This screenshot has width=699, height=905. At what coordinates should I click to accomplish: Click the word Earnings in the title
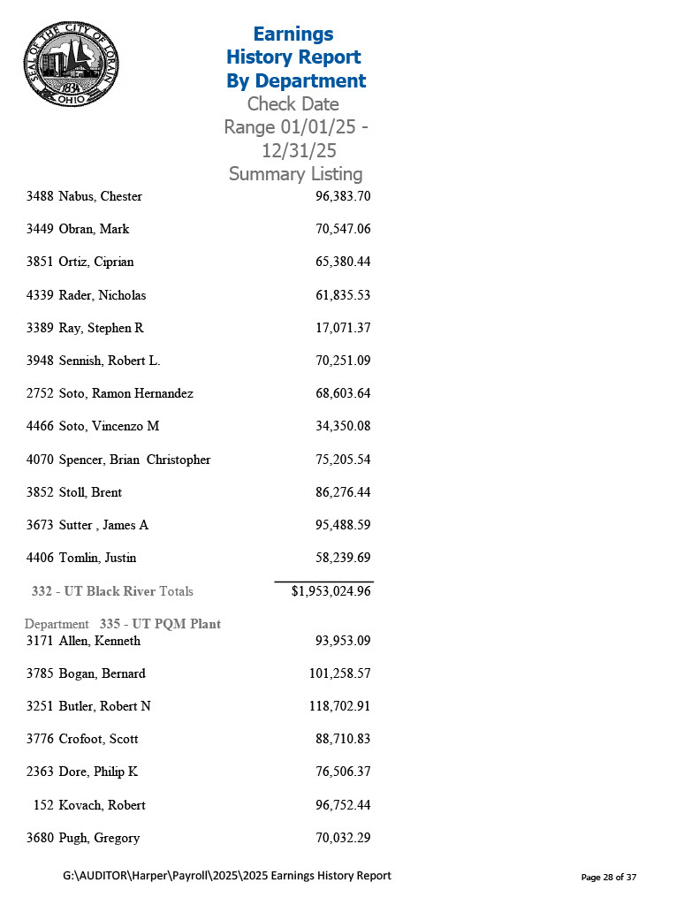(x=293, y=34)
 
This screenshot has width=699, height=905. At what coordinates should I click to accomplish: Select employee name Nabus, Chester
(x=100, y=196)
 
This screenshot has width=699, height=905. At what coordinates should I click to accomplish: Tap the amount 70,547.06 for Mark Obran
(x=342, y=229)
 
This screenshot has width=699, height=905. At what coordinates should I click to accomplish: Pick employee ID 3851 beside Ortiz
(x=39, y=262)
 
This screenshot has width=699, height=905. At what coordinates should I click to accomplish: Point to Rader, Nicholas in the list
(x=102, y=295)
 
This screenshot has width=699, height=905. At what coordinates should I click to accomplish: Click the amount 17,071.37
(x=342, y=328)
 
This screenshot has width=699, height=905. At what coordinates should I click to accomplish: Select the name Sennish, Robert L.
(x=109, y=361)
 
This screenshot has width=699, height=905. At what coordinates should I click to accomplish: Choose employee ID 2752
(x=39, y=393)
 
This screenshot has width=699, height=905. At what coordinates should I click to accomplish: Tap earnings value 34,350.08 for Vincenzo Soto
(x=342, y=426)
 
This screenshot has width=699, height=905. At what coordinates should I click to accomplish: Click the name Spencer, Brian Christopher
(x=134, y=460)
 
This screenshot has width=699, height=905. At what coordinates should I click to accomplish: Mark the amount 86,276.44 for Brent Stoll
(x=342, y=492)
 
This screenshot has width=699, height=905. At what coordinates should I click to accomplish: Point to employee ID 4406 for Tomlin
(x=39, y=558)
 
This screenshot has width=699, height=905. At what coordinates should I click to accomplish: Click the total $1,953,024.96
(x=331, y=591)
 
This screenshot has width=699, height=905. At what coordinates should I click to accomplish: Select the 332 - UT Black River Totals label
(x=112, y=591)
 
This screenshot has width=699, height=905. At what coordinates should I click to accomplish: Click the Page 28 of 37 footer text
(x=608, y=877)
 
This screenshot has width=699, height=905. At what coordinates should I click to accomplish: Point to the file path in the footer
(x=227, y=876)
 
